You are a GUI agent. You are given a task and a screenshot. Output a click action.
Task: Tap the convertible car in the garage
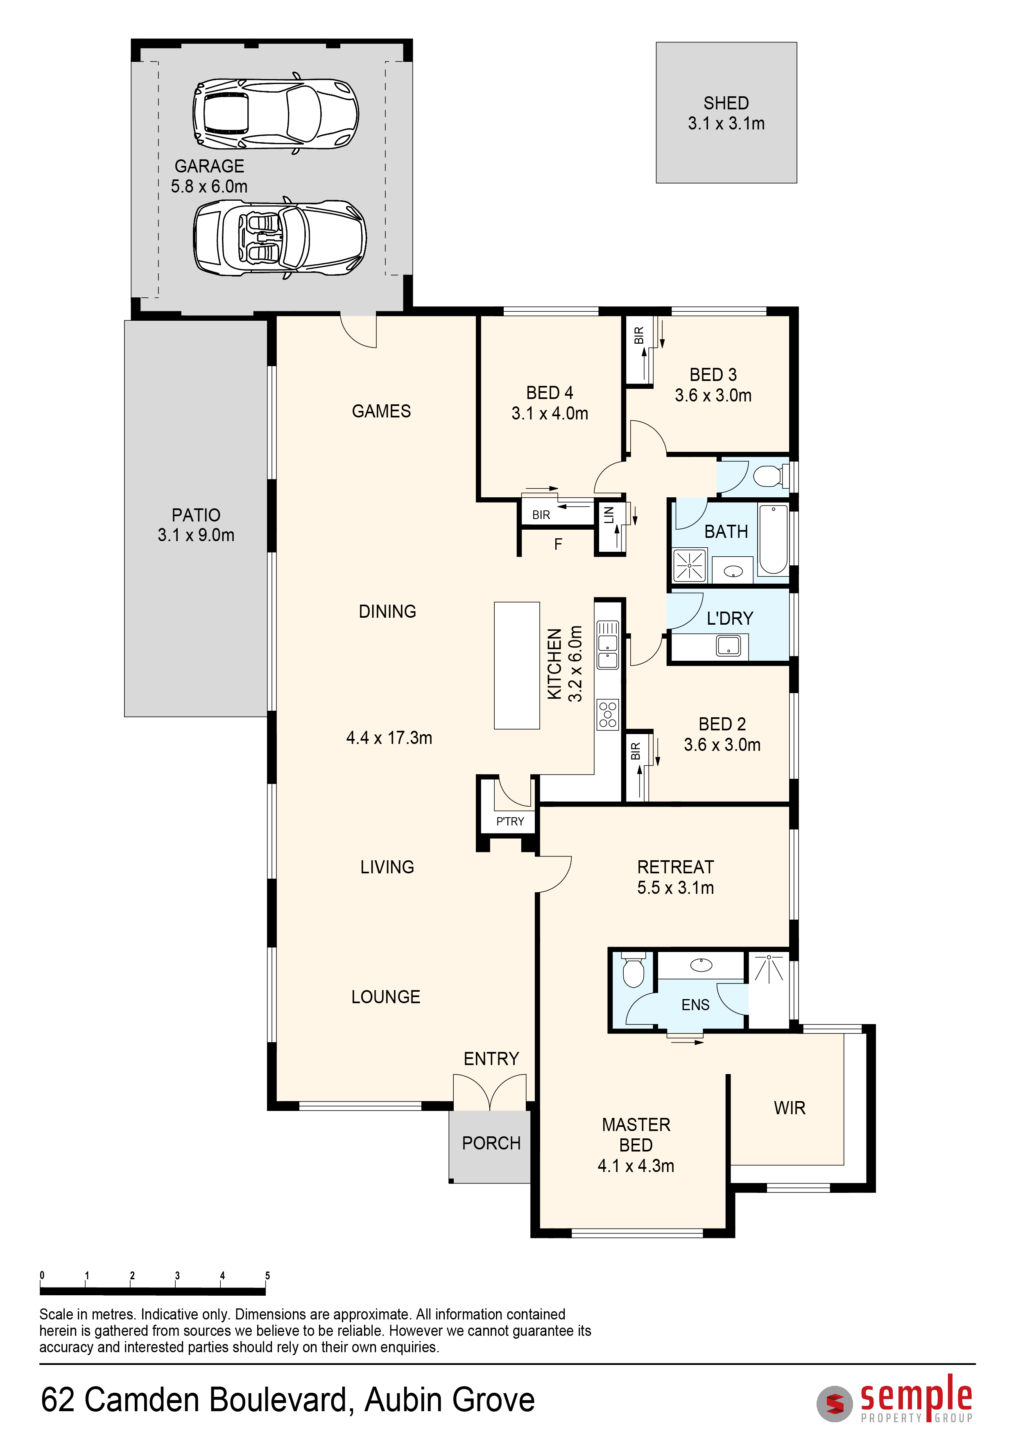[x=280, y=238]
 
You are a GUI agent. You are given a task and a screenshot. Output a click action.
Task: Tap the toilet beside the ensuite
[x=633, y=970]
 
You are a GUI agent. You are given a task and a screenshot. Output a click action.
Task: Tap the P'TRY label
[x=510, y=821]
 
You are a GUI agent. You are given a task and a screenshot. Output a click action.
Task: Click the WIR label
[x=790, y=1108]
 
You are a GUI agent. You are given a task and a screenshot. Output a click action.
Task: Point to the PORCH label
[x=491, y=1143]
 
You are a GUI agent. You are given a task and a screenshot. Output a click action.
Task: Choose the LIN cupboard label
[x=609, y=515]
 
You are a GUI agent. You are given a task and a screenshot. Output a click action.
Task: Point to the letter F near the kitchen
[x=558, y=544]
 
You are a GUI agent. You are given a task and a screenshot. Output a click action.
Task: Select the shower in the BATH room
[x=690, y=565]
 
